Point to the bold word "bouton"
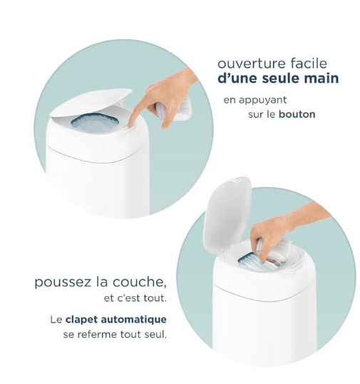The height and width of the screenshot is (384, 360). coord(298,114)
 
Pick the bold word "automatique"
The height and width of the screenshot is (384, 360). coord(138,319)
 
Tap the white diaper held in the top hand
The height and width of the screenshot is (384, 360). coord(179,111)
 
